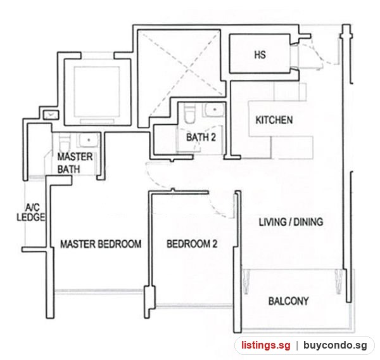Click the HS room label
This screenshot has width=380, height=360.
click(x=260, y=55)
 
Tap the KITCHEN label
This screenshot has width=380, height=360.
click(x=274, y=120)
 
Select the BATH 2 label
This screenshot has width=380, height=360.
click(x=201, y=138)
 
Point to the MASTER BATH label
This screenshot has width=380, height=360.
click(x=75, y=163)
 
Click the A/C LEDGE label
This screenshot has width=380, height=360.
click(x=31, y=212)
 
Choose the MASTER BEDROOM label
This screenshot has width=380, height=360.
click(x=101, y=244)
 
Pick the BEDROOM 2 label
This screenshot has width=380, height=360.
click(x=192, y=243)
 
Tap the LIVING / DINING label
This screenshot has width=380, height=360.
click(x=291, y=222)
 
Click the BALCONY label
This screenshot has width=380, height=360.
click(x=288, y=301)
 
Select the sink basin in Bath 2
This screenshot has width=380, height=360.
click(x=214, y=110)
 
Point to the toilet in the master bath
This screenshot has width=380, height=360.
click(x=65, y=143)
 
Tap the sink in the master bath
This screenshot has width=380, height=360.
click(x=88, y=140)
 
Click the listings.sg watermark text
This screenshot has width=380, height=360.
click(x=265, y=345)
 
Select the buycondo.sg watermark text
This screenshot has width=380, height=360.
click(x=335, y=345)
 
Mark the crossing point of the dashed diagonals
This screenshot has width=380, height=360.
click(x=188, y=70)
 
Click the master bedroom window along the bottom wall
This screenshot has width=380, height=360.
click(x=99, y=291)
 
